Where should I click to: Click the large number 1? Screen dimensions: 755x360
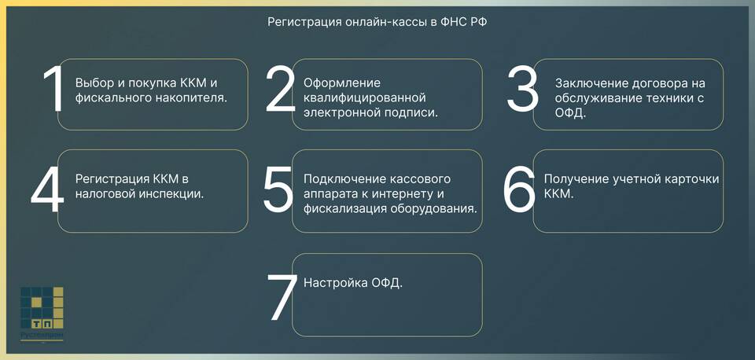point(55,89)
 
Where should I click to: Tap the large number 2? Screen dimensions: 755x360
point(280,89)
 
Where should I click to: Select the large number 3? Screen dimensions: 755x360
point(522,89)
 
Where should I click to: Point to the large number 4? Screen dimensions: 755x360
point(47,189)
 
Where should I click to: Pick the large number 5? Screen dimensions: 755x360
point(278,189)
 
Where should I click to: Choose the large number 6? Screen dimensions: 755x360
point(519,189)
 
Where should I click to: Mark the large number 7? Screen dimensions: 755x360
point(282,297)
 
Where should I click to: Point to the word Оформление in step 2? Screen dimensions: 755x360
point(342,83)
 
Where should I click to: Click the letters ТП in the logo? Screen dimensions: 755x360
point(42,324)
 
